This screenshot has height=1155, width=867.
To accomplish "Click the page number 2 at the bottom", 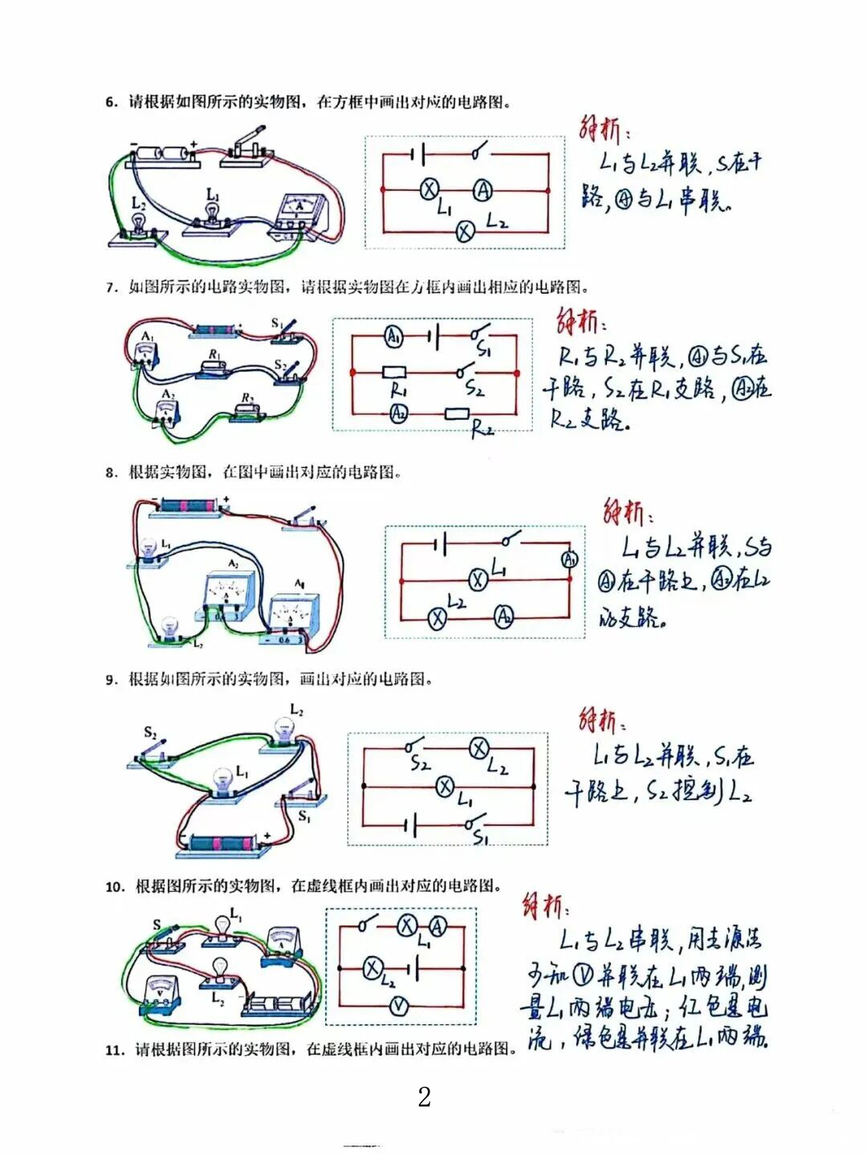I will pos(425,1096).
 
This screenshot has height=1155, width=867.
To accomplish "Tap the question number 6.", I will pos(111,102).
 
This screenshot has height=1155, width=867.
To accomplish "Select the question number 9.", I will pos(111,680).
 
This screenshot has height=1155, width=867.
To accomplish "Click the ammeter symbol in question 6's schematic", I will pos(482,190).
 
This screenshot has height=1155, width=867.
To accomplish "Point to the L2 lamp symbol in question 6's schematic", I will pos(465,232).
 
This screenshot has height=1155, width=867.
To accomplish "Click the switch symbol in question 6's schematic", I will pos(479,152).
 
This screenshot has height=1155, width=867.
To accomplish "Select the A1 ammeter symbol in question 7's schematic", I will pos(393,337).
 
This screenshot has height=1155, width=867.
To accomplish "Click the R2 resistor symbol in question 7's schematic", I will pos(457,414).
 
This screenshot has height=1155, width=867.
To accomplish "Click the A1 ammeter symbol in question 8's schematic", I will pos(569,559).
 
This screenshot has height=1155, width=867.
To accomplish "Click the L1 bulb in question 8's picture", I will pos(150,551).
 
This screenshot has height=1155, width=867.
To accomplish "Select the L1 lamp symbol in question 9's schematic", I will pos(445,787).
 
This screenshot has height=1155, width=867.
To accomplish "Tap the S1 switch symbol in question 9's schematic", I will pos(475,824).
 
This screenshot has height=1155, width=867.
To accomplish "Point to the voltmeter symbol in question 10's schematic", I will pos(399,1006).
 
